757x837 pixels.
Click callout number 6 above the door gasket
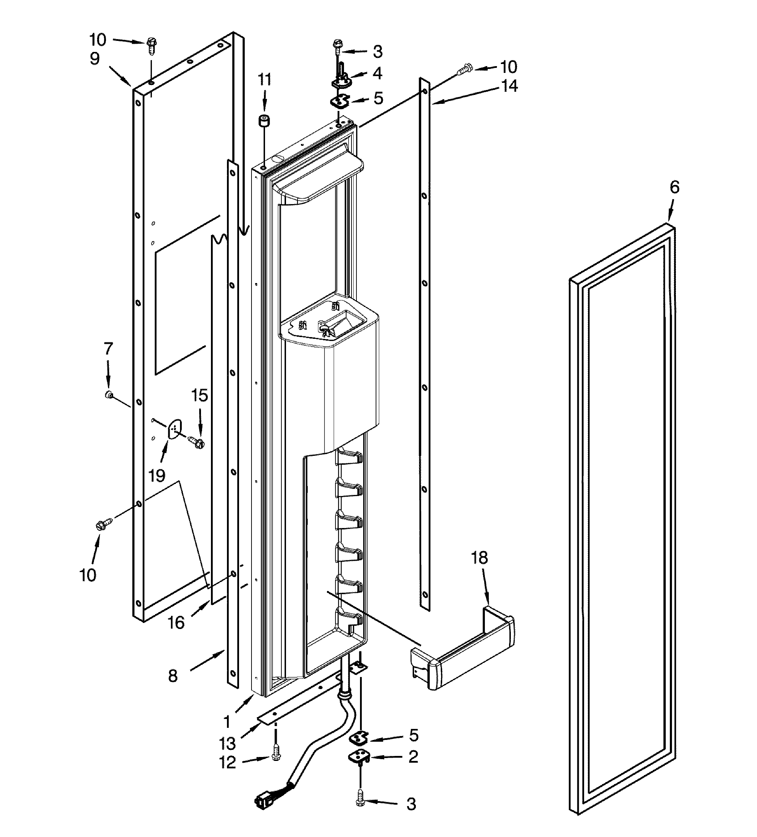point(674,188)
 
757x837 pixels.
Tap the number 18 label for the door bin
point(479,558)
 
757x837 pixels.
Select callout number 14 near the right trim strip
point(509,86)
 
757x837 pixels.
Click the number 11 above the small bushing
point(265,79)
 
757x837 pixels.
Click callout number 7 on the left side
point(108,348)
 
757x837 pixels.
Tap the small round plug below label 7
point(109,394)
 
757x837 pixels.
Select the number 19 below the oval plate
point(157,475)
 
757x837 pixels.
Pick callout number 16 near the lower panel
point(176,622)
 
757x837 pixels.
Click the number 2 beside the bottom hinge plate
point(413,757)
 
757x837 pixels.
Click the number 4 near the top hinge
point(377,73)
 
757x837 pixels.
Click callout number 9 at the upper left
point(95,59)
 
